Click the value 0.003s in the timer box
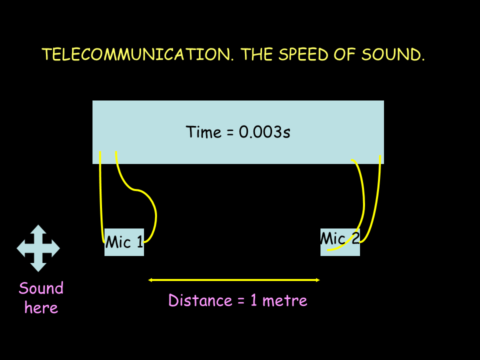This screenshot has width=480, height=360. pos(264,132)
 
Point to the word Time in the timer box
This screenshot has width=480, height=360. pos(203,132)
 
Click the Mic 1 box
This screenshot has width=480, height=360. pos(124,242)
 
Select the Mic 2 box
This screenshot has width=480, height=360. pos(340,242)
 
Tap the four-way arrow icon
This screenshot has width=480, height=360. pos(38,248)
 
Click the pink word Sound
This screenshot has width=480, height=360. pos(41,288)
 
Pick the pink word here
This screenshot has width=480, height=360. pos(41,307)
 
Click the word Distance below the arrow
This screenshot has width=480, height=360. pos(200,300)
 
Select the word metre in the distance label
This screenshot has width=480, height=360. pos(284,301)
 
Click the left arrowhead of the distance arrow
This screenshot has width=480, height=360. pos(150,280)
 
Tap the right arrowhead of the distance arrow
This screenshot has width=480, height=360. pos(318,280)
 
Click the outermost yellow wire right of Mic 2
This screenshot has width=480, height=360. pos(376,199)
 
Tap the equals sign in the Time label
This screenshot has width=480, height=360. pos(230,132)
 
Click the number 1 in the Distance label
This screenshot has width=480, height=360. pos(254,300)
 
